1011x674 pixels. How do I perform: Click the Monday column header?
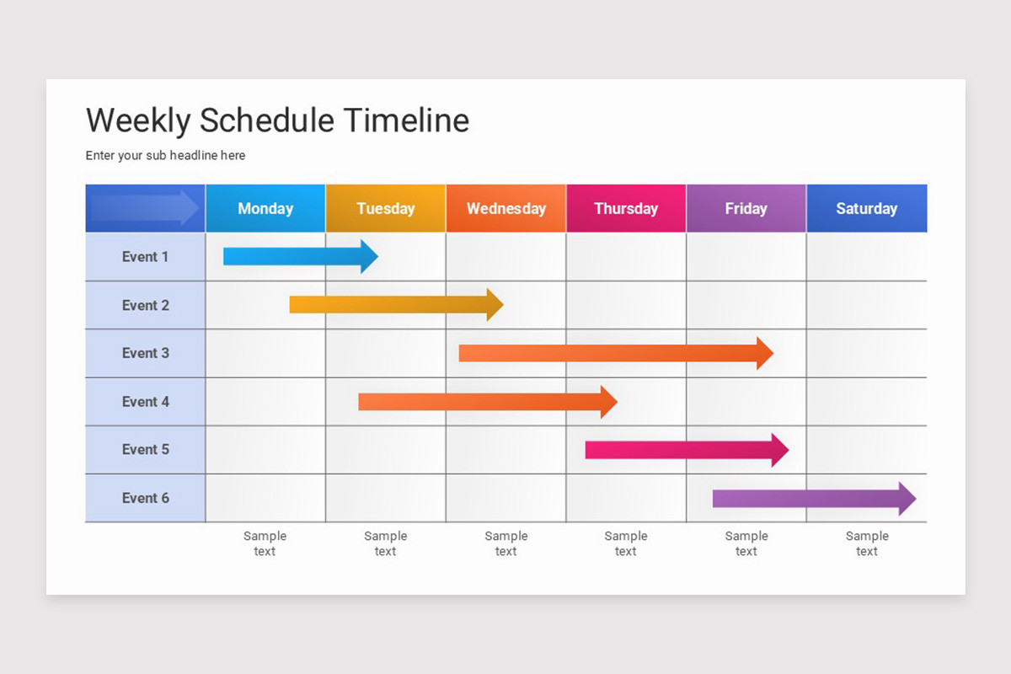(265, 208)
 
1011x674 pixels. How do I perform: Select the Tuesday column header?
(386, 208)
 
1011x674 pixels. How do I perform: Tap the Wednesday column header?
(506, 208)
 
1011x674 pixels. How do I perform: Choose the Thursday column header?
(626, 208)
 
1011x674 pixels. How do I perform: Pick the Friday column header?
(746, 208)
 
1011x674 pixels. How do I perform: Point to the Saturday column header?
(867, 208)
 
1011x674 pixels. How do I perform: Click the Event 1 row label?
(145, 256)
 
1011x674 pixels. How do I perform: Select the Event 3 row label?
(145, 353)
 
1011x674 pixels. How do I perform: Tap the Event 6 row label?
(145, 498)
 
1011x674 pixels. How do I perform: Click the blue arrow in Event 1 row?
(301, 256)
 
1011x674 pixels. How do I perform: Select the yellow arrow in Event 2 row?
(396, 305)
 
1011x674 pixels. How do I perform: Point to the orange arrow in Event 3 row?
(616, 353)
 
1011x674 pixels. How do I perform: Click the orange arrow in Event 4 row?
(488, 401)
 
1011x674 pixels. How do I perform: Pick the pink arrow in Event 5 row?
(687, 450)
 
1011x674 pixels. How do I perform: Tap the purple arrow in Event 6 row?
(814, 499)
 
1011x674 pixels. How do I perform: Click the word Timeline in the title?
(407, 120)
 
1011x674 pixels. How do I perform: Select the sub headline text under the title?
(165, 155)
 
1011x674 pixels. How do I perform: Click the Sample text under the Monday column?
(265, 543)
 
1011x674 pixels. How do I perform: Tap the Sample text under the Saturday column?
(867, 543)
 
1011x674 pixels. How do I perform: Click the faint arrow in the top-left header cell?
(144, 207)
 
